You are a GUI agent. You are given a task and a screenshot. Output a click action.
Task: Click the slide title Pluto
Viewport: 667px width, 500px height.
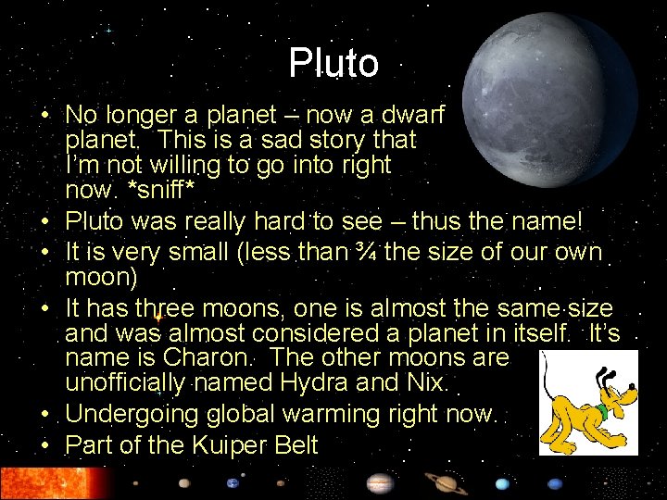333,64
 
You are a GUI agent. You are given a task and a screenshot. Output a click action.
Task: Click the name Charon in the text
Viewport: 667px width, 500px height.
205,357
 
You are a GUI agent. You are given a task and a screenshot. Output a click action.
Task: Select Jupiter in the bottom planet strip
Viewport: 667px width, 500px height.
379,483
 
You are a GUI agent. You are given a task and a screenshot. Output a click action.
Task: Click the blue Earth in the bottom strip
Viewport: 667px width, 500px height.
233,483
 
